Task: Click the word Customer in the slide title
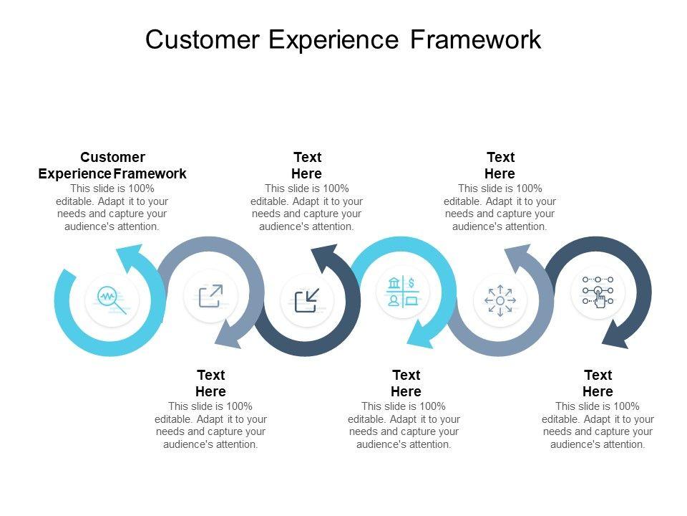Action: (203, 39)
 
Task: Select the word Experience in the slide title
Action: (333, 40)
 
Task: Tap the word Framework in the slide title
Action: (475, 39)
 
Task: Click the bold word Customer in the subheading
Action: (112, 157)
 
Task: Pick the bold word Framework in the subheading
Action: (150, 173)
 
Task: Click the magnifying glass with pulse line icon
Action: (112, 300)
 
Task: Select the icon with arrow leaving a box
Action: (210, 296)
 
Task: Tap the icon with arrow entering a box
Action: (307, 300)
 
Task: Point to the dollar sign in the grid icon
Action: (411, 283)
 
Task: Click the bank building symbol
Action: (394, 283)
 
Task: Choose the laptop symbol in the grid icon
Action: (411, 301)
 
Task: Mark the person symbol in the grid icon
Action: (394, 300)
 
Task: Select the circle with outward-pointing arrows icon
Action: (500, 300)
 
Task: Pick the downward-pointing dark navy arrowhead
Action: (616, 335)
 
